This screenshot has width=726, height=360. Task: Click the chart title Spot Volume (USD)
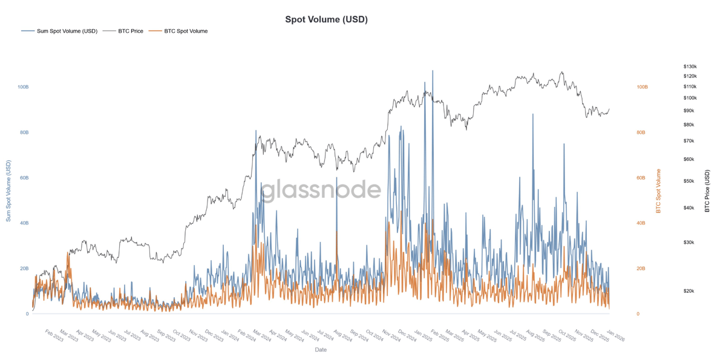click(326, 19)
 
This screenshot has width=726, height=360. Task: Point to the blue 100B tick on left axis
click(23, 87)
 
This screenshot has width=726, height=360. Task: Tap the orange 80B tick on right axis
click(641, 133)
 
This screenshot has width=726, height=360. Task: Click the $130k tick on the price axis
click(690, 67)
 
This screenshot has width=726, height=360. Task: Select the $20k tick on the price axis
click(688, 291)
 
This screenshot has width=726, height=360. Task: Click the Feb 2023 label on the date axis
click(55, 336)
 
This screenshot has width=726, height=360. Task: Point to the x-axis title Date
click(321, 350)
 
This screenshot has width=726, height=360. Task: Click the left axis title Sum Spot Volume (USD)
click(8, 191)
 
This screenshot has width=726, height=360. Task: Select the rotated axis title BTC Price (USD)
click(707, 191)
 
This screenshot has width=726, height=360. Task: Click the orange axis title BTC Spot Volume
click(658, 191)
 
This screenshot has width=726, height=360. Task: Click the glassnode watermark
click(321, 190)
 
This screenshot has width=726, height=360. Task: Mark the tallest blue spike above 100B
click(433, 71)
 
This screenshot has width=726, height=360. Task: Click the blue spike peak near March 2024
click(256, 131)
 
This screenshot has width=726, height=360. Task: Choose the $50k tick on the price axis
click(688, 182)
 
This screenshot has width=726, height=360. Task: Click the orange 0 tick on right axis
click(638, 314)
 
